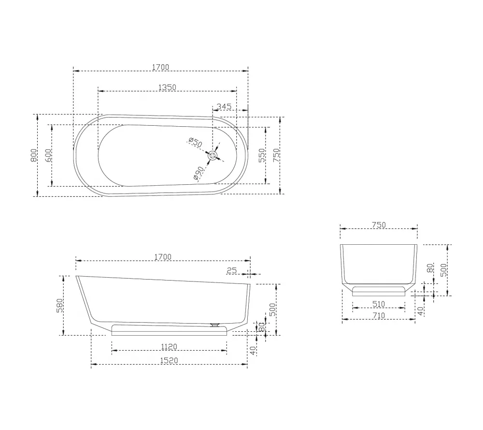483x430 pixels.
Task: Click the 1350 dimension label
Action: [167, 87]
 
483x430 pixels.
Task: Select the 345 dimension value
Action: [224, 106]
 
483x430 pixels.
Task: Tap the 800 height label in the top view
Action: [34, 155]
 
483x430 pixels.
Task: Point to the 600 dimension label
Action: [48, 155]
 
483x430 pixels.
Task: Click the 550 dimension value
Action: [262, 155]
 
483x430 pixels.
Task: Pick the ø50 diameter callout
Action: [195, 142]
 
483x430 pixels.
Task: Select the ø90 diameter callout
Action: [199, 173]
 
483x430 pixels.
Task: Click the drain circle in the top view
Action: [213, 156]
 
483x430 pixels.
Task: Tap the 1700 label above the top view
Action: [161, 67]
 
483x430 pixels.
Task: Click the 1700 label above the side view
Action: [163, 257]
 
